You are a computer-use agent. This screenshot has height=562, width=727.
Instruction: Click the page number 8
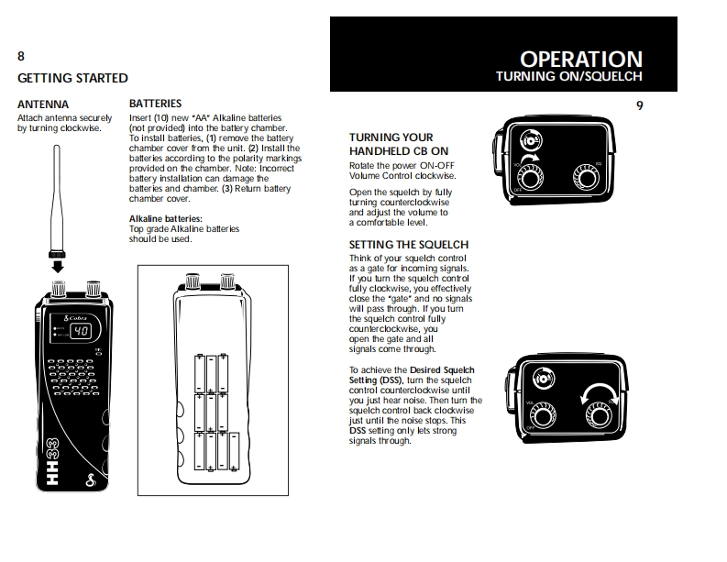click(x=21, y=57)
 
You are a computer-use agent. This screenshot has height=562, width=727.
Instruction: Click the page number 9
click(x=639, y=105)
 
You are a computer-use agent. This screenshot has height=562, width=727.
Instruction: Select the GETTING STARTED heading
click(x=72, y=78)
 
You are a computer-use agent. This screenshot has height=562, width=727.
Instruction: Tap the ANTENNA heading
click(x=42, y=105)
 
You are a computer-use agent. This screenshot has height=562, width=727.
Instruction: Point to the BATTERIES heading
click(x=155, y=104)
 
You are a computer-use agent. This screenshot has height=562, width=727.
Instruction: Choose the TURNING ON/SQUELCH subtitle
click(x=568, y=77)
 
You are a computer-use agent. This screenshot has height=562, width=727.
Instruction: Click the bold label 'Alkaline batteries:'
click(x=165, y=218)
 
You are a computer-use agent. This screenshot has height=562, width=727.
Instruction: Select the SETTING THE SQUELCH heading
click(x=408, y=245)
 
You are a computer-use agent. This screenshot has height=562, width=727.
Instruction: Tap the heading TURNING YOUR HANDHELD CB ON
click(x=399, y=144)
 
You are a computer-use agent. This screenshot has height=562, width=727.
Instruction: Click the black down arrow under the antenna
click(x=58, y=267)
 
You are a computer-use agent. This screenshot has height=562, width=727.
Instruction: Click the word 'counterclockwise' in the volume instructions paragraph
click(x=413, y=202)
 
